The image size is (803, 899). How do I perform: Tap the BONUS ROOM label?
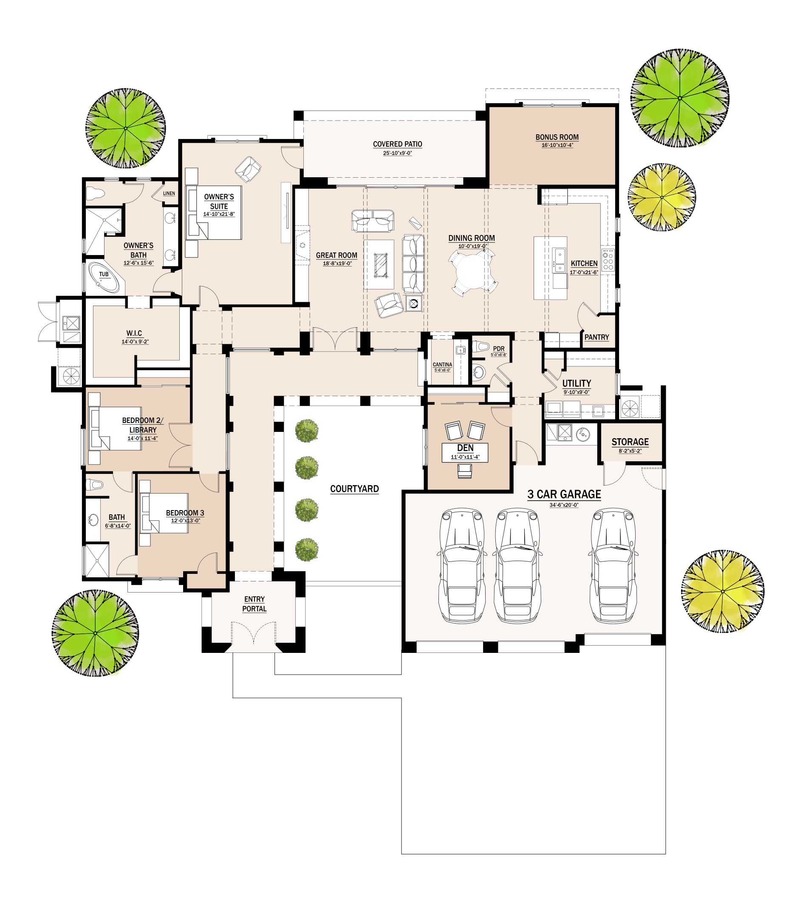tap(557, 137)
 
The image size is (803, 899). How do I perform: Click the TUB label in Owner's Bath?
tap(104, 275)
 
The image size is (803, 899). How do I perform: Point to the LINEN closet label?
tap(169, 193)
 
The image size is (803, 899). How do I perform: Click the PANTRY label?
tap(597, 337)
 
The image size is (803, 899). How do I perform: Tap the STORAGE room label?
tap(630, 442)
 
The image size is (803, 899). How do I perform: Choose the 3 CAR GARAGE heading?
tap(564, 494)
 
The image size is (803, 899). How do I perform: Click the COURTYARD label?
tap(354, 489)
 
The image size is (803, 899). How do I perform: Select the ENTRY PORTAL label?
tap(254, 604)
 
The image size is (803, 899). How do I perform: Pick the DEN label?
tap(466, 448)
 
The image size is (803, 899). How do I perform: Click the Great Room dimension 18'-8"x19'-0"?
tap(336, 264)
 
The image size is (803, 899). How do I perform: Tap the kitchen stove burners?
tap(608, 260)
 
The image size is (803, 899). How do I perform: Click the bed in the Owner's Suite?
tap(214, 213)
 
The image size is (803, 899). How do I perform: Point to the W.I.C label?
tap(134, 334)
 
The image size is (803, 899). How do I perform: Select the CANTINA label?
tap(443, 365)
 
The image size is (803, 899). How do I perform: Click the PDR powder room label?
tap(498, 349)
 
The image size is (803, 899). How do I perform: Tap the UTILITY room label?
tap(577, 383)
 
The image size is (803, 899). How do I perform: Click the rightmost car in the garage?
tap(613, 566)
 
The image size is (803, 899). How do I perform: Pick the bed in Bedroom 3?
tap(164, 513)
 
